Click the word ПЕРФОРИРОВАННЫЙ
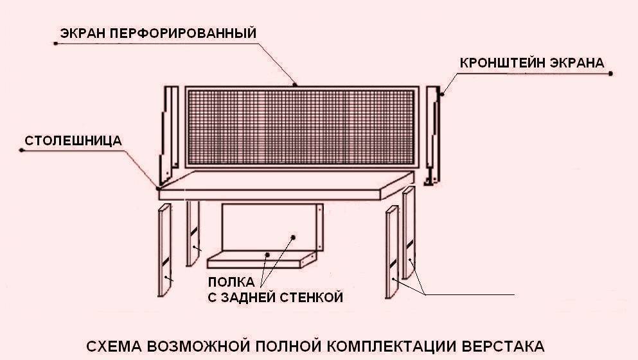point(186,33)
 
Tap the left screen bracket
point(168,132)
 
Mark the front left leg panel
point(164,251)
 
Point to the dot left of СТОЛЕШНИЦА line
point(22,150)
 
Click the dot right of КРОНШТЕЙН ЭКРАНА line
point(610,74)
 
